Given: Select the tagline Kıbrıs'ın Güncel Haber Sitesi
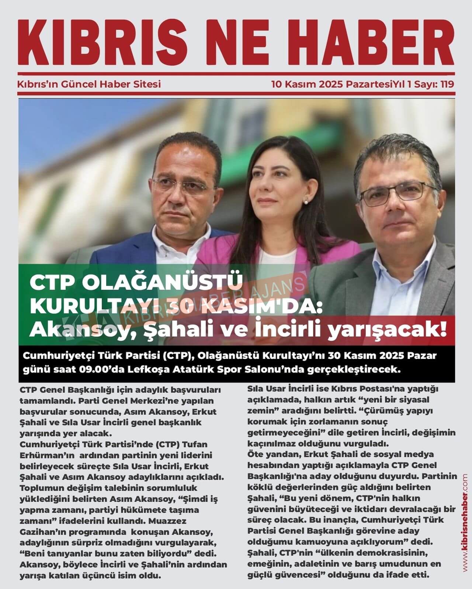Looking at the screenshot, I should click(89, 84).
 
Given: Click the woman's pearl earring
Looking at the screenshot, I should click(306, 200).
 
